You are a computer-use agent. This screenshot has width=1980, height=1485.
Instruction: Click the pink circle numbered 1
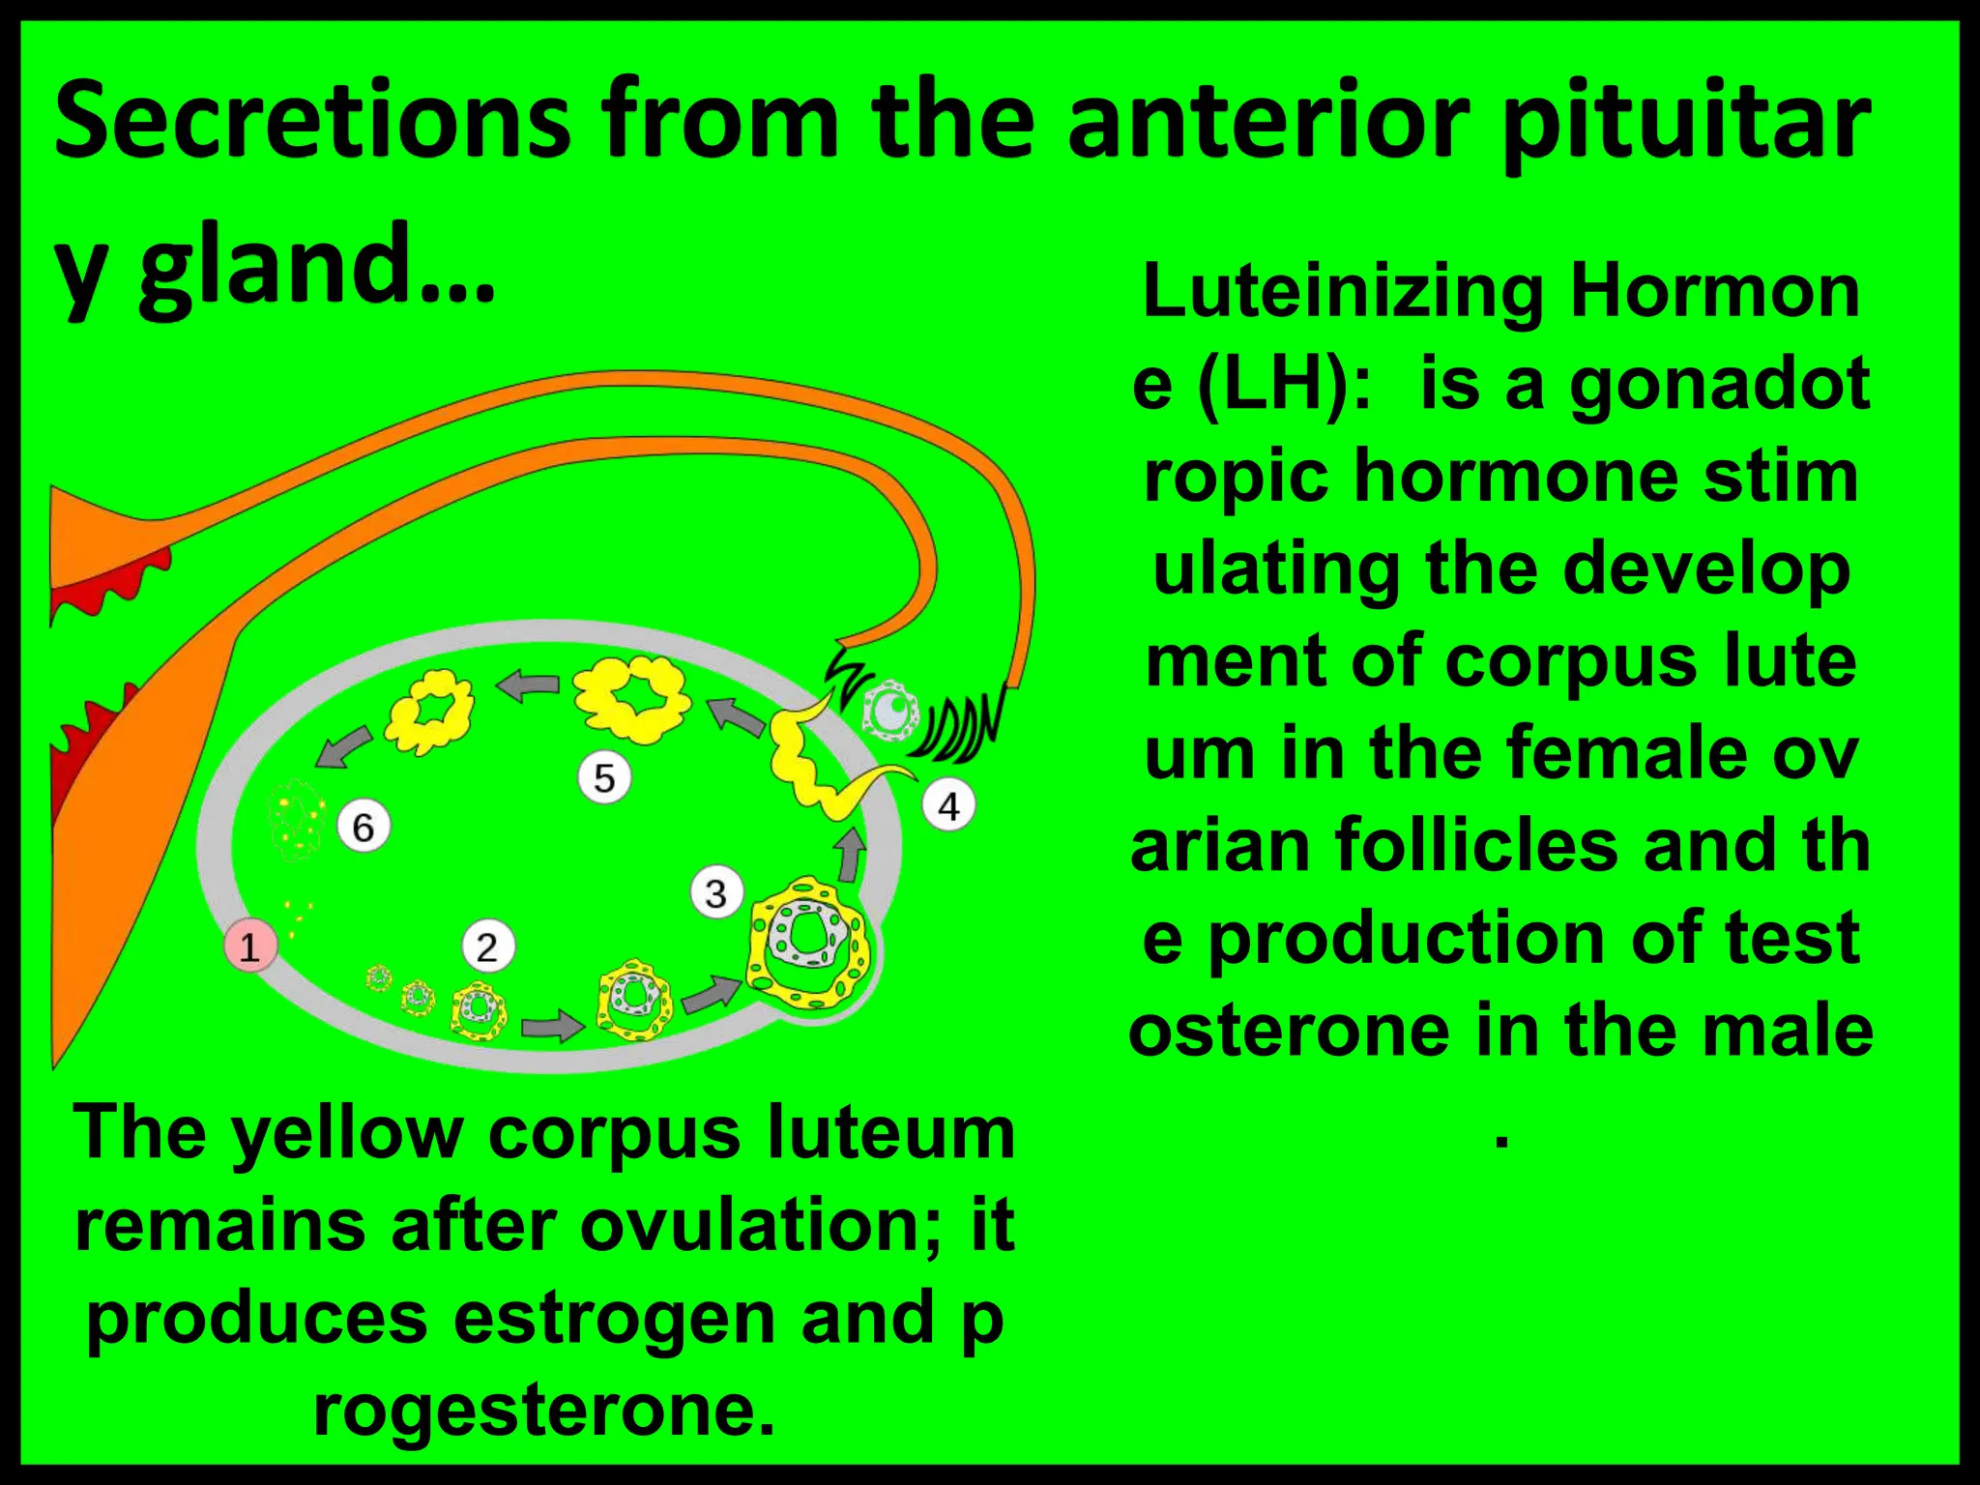[x=250, y=945]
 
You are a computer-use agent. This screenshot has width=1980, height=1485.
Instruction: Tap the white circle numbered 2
[x=487, y=946]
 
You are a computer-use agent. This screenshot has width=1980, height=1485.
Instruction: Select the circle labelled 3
[x=716, y=892]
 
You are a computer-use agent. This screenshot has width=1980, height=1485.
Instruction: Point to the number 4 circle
[x=948, y=805]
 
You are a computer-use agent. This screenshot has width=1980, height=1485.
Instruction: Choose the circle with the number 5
[x=604, y=777]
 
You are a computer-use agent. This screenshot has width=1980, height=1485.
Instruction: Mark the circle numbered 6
[x=363, y=827]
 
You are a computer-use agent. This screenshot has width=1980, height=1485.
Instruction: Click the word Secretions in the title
[x=312, y=121]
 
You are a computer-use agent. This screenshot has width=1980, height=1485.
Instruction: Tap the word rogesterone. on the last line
[x=544, y=1410]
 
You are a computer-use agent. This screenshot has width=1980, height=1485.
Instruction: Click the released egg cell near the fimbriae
[x=890, y=711]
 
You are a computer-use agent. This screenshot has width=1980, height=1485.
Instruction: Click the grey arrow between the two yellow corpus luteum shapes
[x=528, y=685]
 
